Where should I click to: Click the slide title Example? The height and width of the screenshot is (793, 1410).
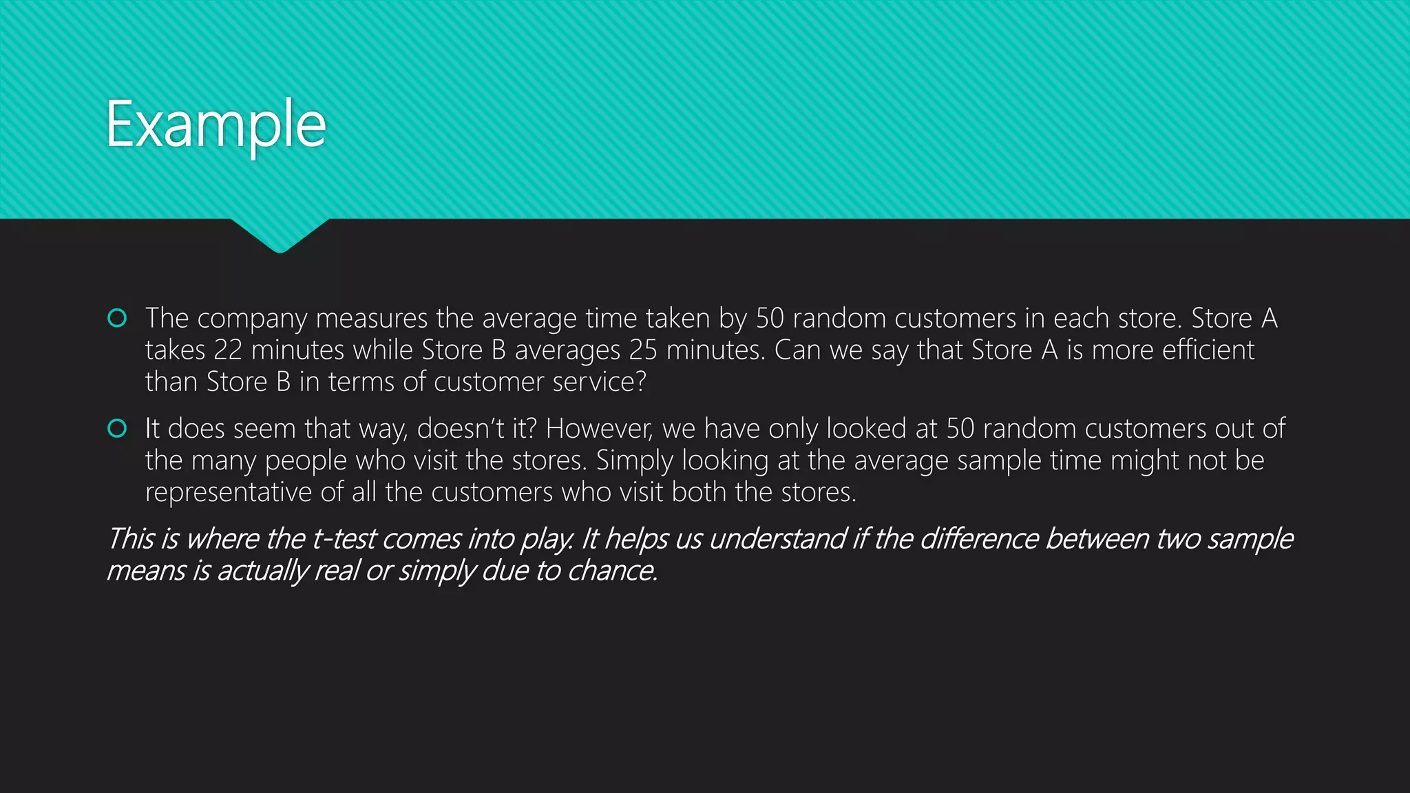[x=215, y=125]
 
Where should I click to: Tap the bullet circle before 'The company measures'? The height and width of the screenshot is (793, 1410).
[x=117, y=318]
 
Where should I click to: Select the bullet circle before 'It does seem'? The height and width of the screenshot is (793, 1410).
[x=117, y=429]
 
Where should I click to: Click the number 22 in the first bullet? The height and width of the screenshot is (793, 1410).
[x=228, y=350]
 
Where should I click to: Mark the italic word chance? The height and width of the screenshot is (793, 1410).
[x=612, y=571]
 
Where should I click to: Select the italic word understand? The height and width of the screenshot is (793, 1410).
[x=777, y=539]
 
